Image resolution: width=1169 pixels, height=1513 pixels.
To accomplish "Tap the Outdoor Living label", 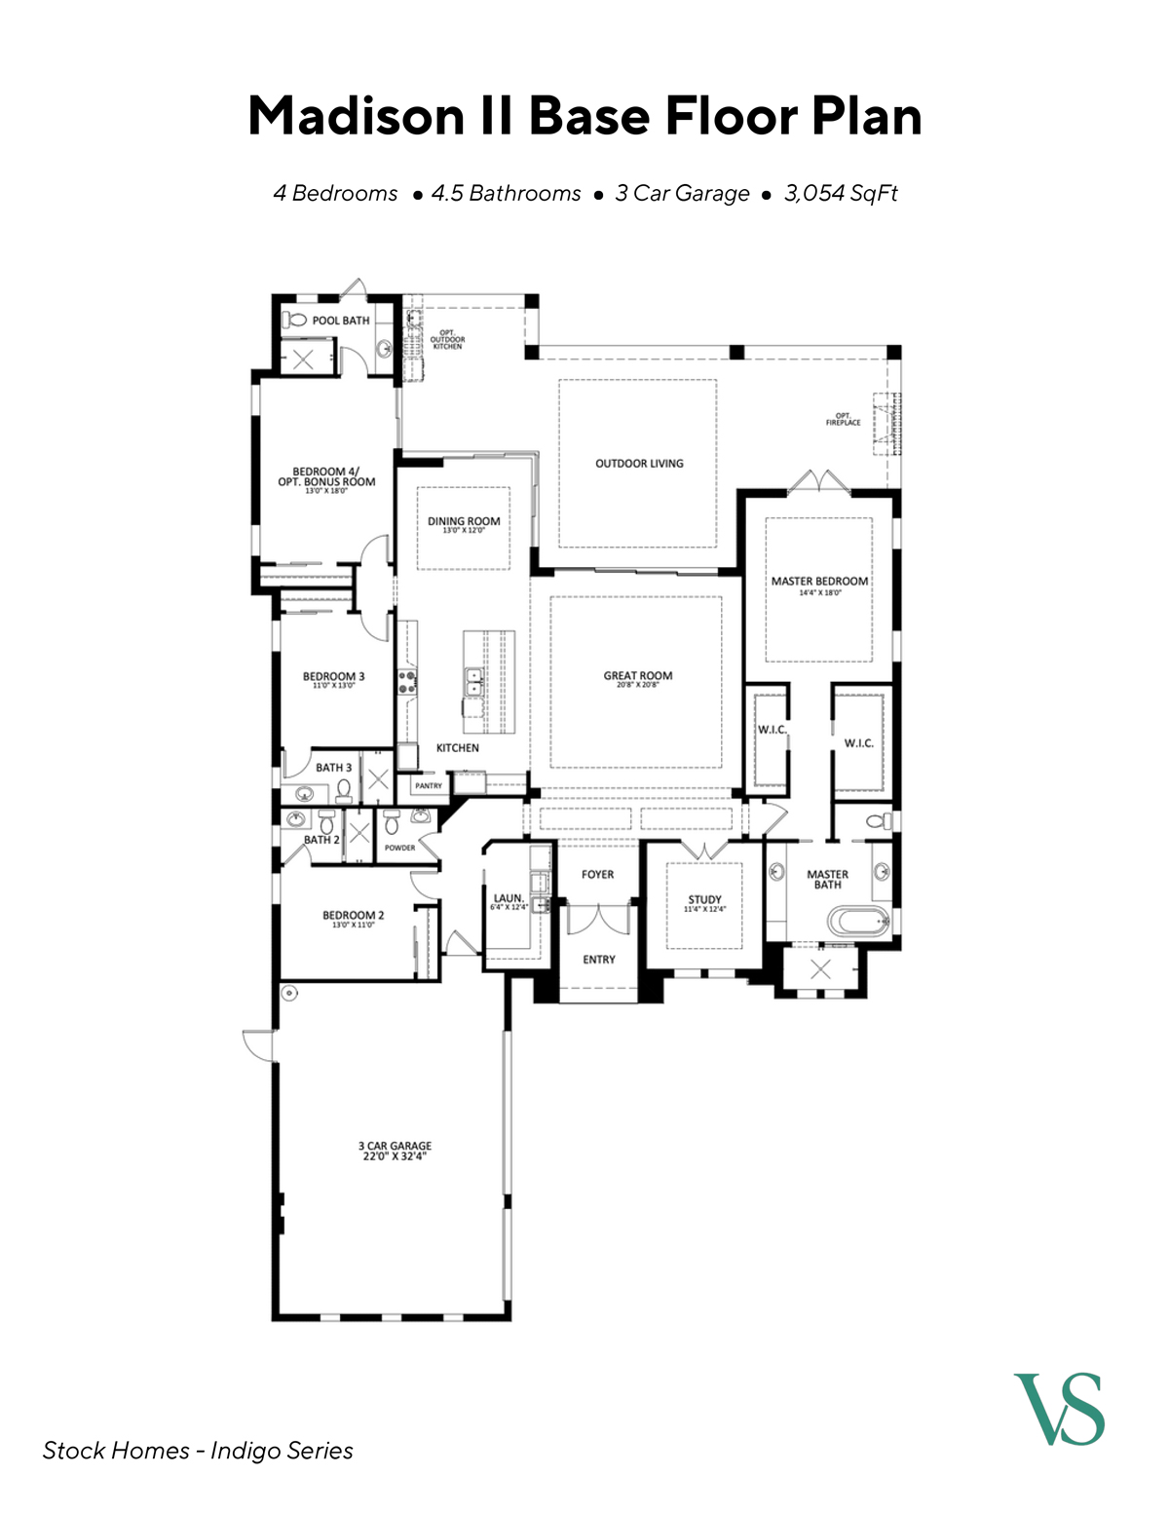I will tap(639, 464).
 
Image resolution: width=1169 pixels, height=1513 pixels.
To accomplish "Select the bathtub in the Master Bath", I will tap(857, 921).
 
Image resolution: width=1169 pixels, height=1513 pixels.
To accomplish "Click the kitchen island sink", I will tap(473, 681).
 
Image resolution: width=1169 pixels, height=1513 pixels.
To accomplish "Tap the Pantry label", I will tap(429, 785).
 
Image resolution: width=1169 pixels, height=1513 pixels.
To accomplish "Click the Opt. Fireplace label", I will tap(844, 420).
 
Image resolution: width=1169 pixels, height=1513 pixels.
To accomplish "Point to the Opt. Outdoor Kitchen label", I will tap(447, 339).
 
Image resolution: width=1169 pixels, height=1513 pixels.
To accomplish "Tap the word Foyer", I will tap(597, 875).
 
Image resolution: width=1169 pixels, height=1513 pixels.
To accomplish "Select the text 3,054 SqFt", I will tap(841, 193).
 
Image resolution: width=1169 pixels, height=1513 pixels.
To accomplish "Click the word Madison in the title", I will tap(356, 116).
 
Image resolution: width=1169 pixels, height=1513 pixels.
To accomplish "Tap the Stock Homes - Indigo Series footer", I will tap(198, 1451).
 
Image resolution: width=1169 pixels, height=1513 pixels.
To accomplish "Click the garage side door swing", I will tap(258, 1044).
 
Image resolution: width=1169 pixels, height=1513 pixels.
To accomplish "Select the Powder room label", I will tap(399, 848).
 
